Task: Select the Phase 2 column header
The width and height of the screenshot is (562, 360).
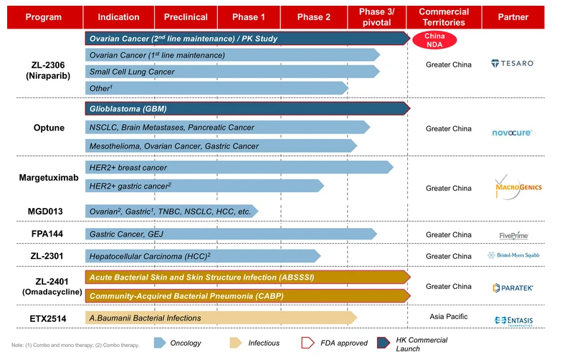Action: [x=314, y=17]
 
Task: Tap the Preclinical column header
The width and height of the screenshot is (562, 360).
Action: [x=186, y=17]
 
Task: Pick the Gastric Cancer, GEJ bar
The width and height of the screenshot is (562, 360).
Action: [x=230, y=234]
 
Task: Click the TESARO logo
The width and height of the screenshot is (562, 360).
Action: [x=512, y=64]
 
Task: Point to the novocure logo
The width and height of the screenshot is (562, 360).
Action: [x=512, y=132]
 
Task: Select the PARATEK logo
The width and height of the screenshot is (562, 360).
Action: [x=512, y=288]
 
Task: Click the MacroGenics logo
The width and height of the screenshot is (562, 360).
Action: [x=512, y=188]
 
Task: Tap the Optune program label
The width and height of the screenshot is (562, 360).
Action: [x=49, y=128]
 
